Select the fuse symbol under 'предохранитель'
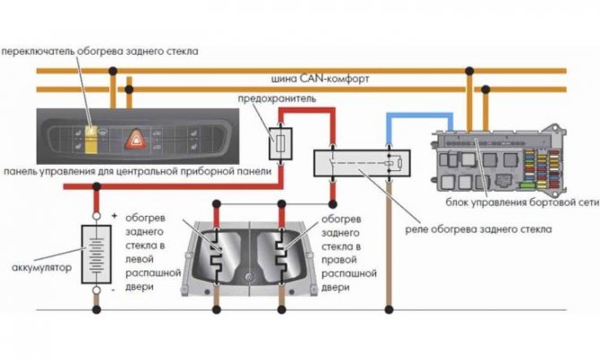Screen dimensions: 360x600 (x=280, y=142)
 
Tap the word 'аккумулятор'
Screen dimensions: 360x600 (x=40, y=267)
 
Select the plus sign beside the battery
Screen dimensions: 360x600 (x=115, y=216)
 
